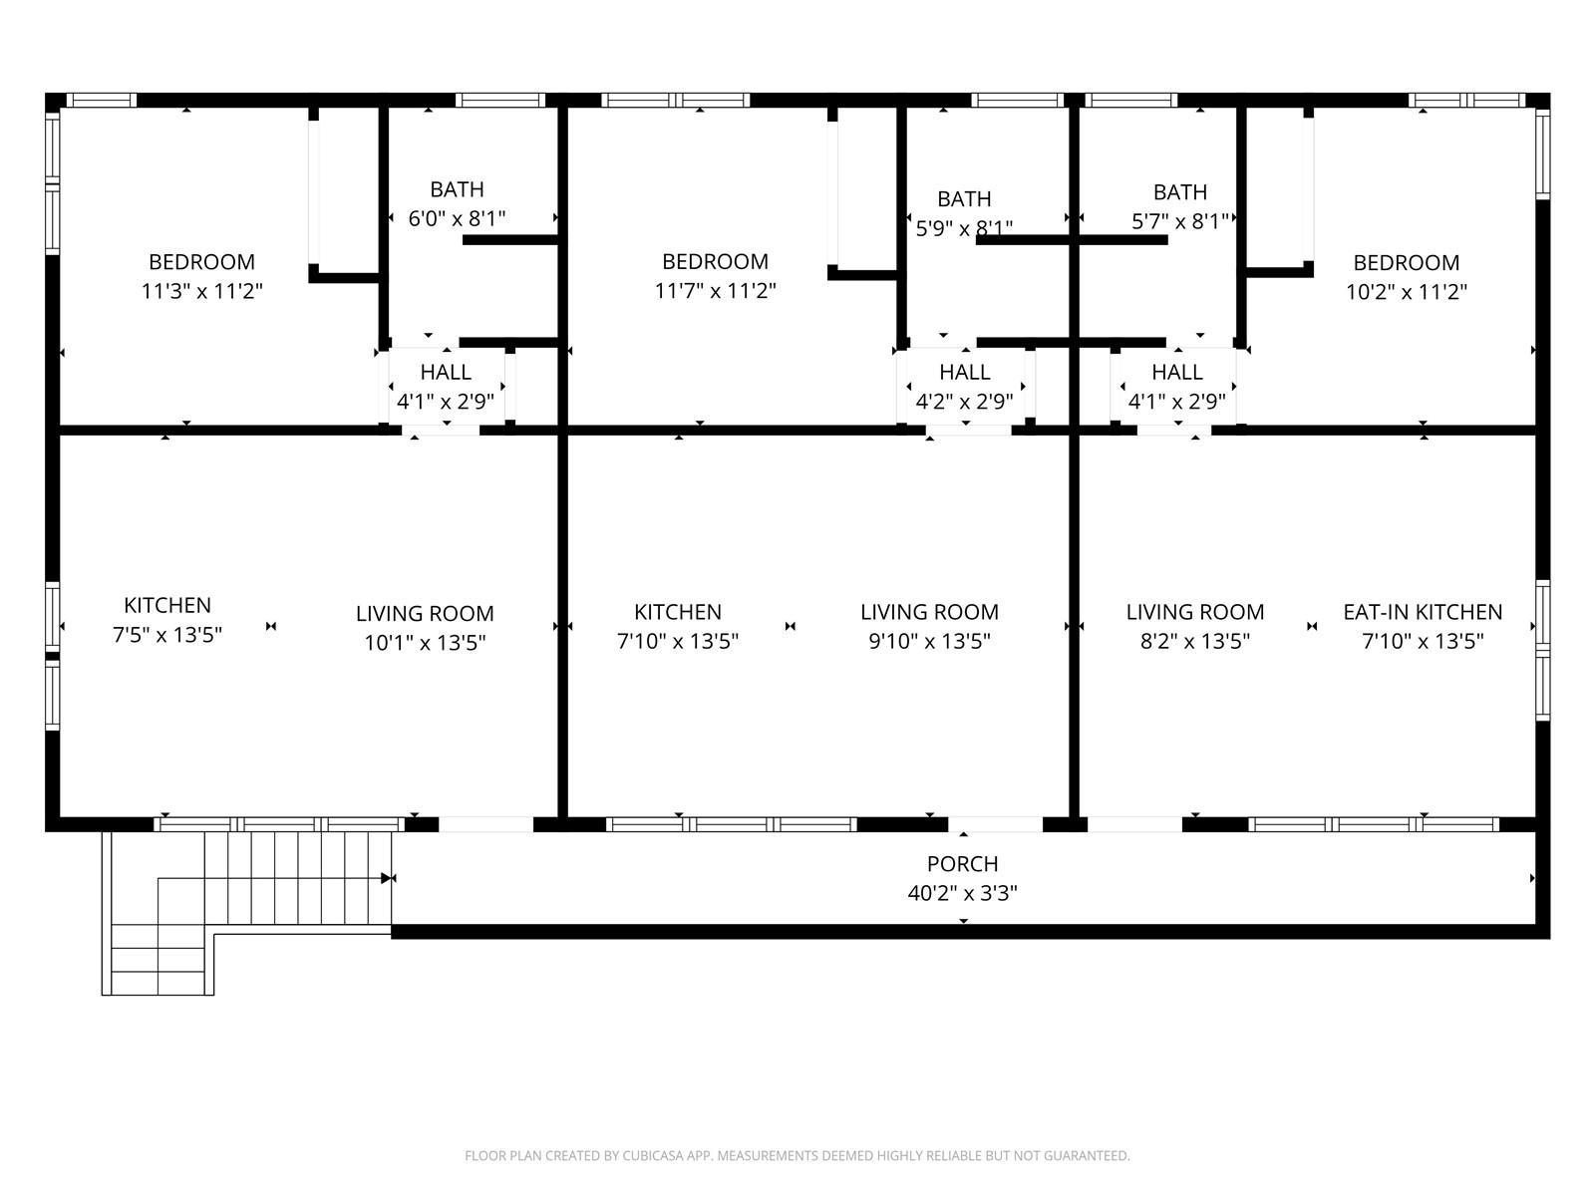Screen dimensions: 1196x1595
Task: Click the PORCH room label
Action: click(962, 864)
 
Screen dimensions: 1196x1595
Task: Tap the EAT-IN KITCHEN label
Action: click(1423, 612)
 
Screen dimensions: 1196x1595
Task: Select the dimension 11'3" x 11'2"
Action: click(201, 292)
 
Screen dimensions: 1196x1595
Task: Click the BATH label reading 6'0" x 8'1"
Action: click(457, 189)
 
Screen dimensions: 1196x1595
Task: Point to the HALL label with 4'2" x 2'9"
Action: click(964, 373)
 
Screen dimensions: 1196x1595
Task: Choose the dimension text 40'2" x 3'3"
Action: click(962, 894)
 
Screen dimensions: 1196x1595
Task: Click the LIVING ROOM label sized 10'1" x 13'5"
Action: click(425, 614)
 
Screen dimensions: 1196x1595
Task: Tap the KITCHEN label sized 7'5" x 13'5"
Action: click(167, 605)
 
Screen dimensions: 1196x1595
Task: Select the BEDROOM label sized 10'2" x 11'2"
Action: click(1406, 263)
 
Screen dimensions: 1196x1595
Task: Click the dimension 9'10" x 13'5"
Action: click(929, 641)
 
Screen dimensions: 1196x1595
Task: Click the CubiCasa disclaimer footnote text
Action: click(797, 1156)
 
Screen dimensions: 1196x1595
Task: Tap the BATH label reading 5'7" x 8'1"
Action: click(1180, 192)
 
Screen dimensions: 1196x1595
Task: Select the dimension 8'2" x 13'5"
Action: click(1195, 641)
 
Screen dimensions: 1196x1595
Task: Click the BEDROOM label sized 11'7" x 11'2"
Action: click(715, 262)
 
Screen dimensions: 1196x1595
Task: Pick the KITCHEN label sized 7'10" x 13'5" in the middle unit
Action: click(678, 612)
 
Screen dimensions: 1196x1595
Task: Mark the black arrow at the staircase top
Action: click(385, 878)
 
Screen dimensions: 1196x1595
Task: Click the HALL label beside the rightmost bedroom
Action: click(1177, 373)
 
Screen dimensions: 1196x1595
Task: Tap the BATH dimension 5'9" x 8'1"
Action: click(964, 228)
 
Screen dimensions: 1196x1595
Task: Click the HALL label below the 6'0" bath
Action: click(446, 373)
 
